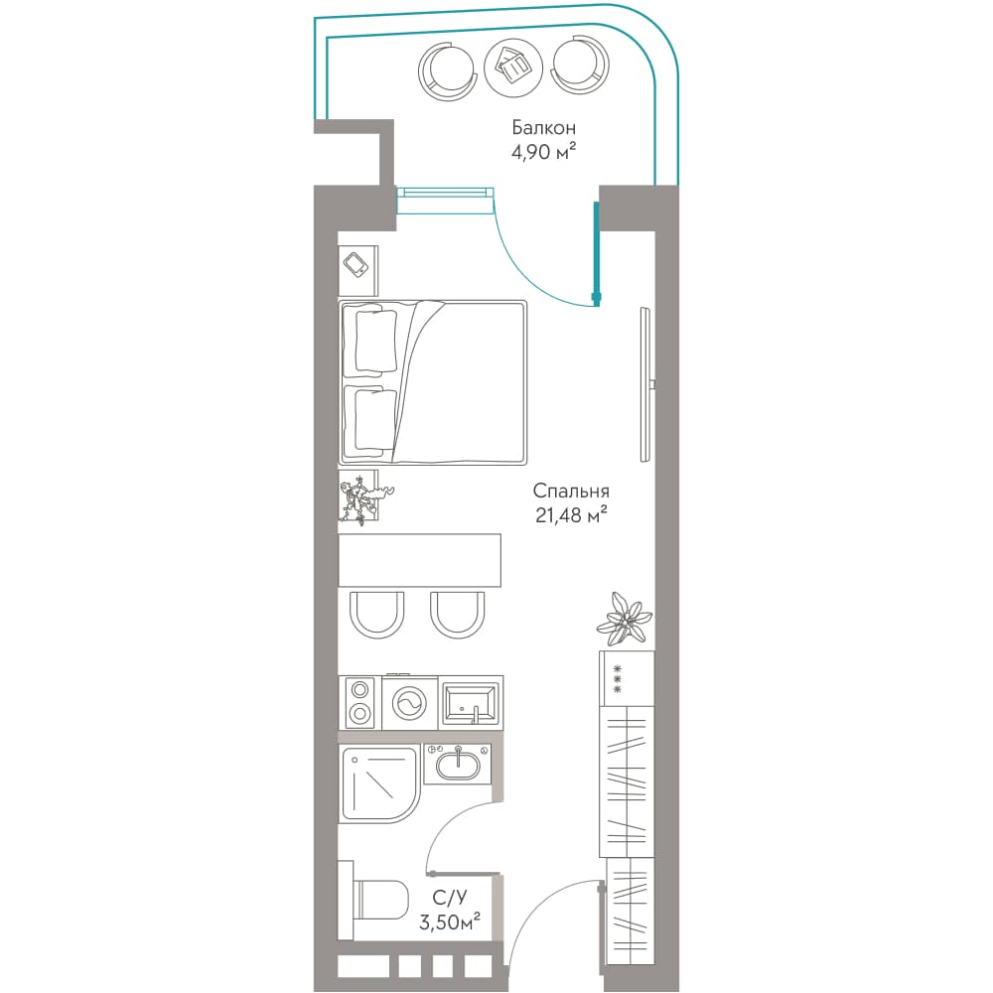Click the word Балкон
pyautogui.click(x=543, y=128)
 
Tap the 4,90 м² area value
pyautogui.click(x=543, y=153)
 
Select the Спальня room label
pyautogui.click(x=571, y=491)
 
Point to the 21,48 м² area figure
pyautogui.click(x=571, y=514)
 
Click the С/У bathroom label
pyautogui.click(x=450, y=898)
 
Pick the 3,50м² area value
pyautogui.click(x=449, y=922)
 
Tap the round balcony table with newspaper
pyautogui.click(x=513, y=68)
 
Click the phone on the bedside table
pyautogui.click(x=355, y=264)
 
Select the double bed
pyautogui.click(x=433, y=382)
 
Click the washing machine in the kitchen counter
pyautogui.click(x=410, y=703)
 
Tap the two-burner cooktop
pyautogui.click(x=359, y=702)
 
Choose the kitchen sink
pyautogui.click(x=471, y=703)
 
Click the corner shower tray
pyautogui.click(x=379, y=784)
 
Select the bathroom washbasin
pyautogui.click(x=459, y=764)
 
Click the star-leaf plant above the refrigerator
pyautogui.click(x=625, y=620)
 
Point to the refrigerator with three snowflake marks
pyautogui.click(x=627, y=678)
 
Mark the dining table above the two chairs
pyautogui.click(x=420, y=560)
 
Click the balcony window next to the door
pyautogui.click(x=445, y=201)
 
